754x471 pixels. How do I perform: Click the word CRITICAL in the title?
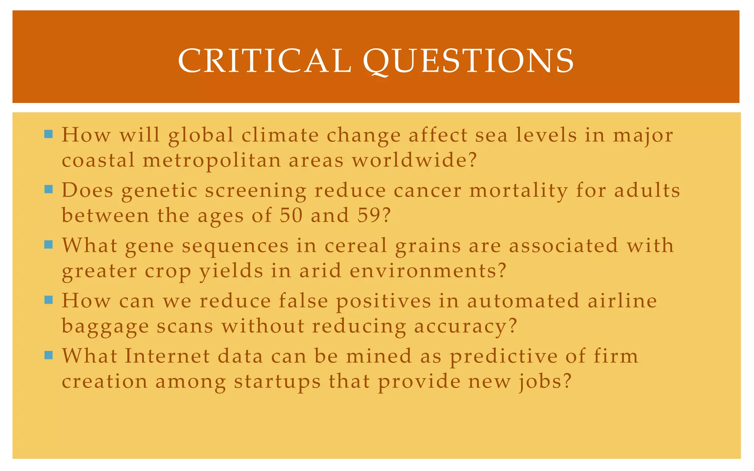[x=264, y=61]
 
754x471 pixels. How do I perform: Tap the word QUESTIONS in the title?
[x=468, y=61]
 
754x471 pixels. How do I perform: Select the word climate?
[x=280, y=135]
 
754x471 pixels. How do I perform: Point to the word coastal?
[x=98, y=160]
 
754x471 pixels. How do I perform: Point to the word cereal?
[x=356, y=245]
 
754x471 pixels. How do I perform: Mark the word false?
[x=303, y=301]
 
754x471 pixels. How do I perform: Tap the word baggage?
[x=105, y=327]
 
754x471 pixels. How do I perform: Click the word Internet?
[x=167, y=356]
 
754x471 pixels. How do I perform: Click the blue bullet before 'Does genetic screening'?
[x=49, y=189]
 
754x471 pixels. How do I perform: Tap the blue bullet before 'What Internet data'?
[x=49, y=355]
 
